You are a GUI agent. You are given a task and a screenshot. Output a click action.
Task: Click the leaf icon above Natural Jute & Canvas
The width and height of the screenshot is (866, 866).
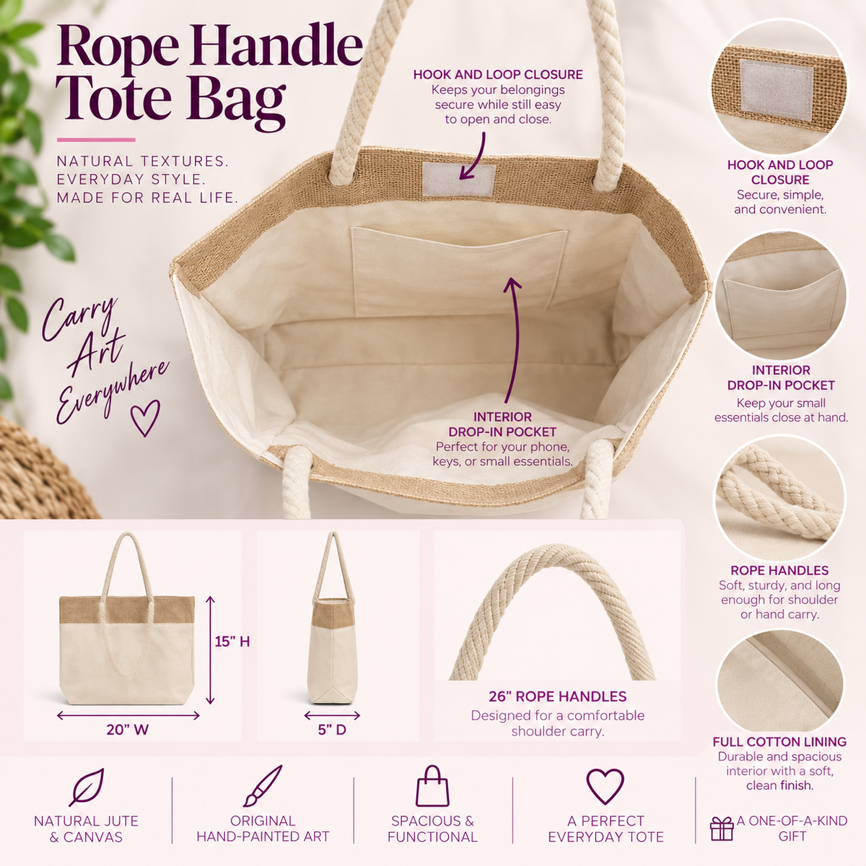click(87, 787)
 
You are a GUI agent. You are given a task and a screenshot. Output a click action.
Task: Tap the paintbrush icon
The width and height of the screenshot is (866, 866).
click(263, 786)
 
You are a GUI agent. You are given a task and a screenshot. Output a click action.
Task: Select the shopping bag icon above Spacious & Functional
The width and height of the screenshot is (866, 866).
click(432, 786)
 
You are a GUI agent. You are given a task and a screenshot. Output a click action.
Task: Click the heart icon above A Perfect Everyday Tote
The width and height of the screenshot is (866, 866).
click(605, 786)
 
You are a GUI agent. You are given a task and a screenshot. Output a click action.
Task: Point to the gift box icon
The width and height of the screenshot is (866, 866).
click(722, 828)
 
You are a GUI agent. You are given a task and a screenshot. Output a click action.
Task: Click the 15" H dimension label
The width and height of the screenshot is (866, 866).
click(232, 642)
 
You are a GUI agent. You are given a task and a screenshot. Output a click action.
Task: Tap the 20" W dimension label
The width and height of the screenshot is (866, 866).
click(128, 730)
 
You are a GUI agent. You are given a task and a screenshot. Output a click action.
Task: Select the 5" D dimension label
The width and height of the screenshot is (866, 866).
click(332, 730)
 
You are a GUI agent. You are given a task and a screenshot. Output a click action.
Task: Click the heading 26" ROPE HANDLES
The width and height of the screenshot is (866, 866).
click(557, 696)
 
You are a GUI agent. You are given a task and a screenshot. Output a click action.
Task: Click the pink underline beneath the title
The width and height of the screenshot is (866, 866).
click(96, 140)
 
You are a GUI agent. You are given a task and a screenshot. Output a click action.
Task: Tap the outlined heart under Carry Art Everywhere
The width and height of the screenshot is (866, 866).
click(145, 418)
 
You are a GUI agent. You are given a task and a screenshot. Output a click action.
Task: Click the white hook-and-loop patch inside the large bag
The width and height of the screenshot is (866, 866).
click(459, 179)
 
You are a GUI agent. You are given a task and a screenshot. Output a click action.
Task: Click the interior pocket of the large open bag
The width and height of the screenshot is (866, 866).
click(458, 271)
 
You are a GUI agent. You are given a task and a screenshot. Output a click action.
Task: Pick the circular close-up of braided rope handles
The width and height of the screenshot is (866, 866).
click(780, 499)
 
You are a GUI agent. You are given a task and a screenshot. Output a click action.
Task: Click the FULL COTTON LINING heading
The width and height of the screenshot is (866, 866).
click(779, 742)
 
